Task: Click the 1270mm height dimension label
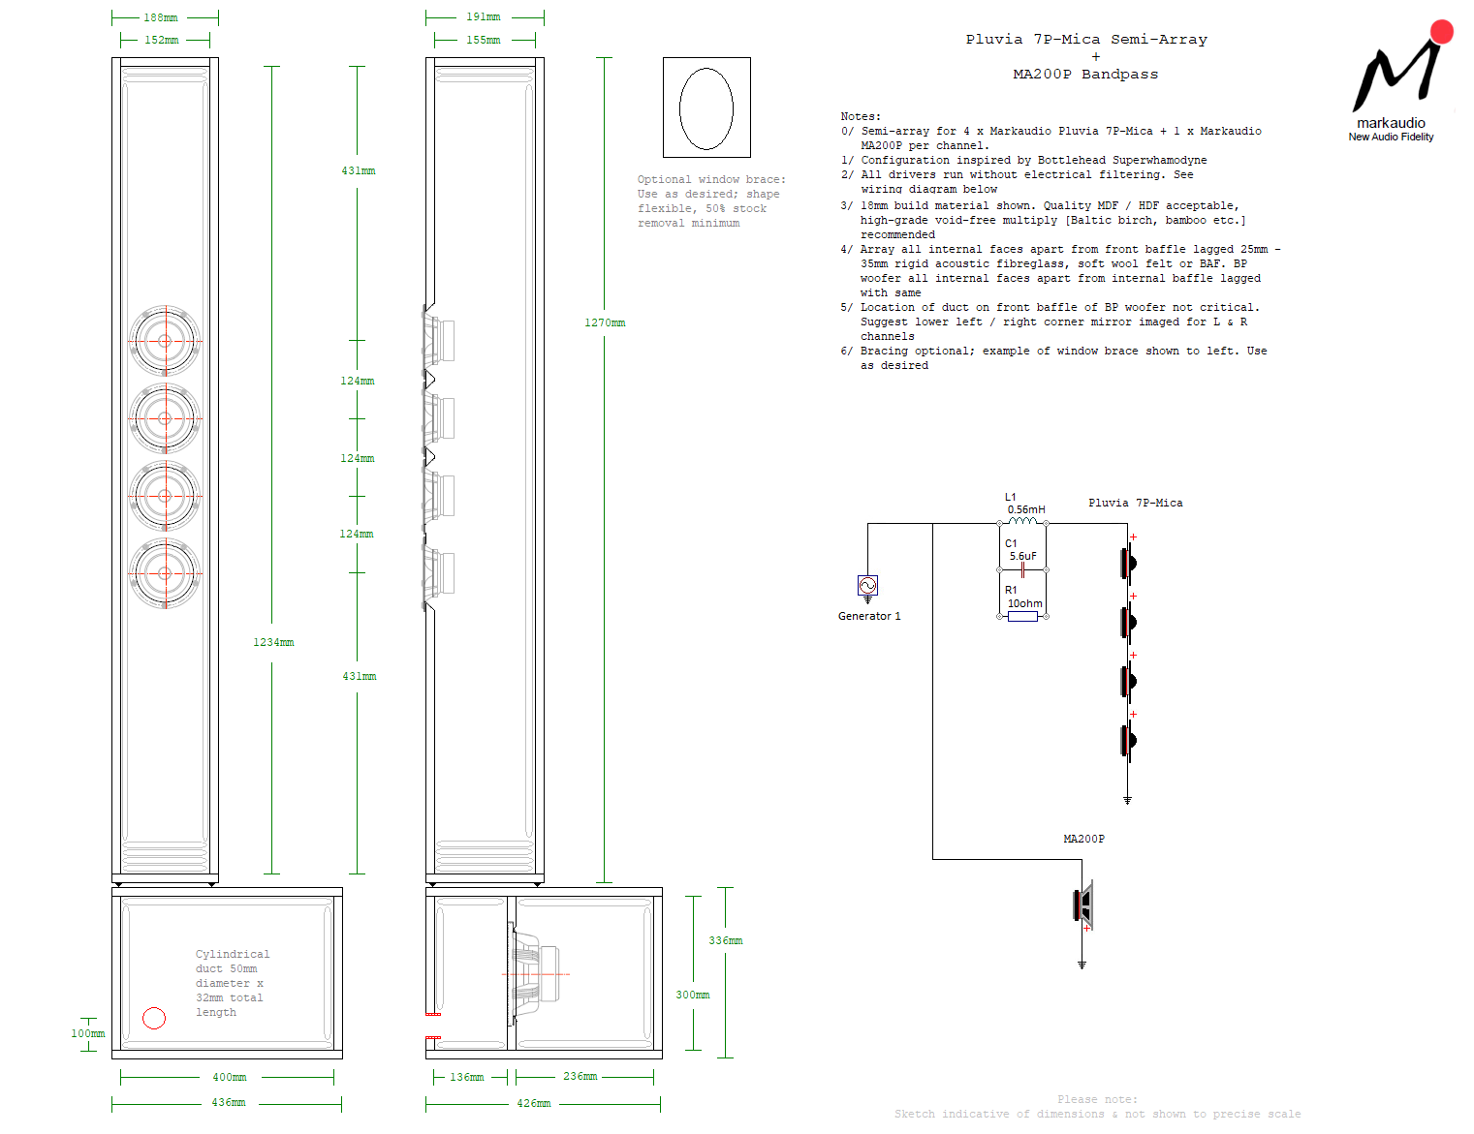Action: (x=605, y=323)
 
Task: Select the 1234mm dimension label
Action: (x=273, y=643)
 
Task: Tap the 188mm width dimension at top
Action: (x=161, y=17)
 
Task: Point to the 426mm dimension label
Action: (x=533, y=1104)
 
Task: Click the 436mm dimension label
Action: (x=229, y=1103)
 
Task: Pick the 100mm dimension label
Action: (x=87, y=1034)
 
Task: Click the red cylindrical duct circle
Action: (x=154, y=1018)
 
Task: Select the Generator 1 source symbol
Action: (x=867, y=585)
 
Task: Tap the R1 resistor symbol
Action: (x=1022, y=616)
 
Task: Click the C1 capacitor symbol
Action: (x=1022, y=570)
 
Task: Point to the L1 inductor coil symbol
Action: (x=1022, y=522)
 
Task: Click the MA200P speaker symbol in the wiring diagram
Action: (x=1083, y=904)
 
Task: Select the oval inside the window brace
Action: (x=706, y=108)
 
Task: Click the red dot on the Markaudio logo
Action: (x=1442, y=32)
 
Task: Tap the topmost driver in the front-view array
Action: (x=165, y=341)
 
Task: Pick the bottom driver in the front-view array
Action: (x=165, y=573)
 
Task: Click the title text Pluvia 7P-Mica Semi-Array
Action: (x=1086, y=40)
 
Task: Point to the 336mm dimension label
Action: (x=725, y=941)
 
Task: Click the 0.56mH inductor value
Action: (x=1026, y=509)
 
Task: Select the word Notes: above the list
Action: (x=861, y=116)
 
